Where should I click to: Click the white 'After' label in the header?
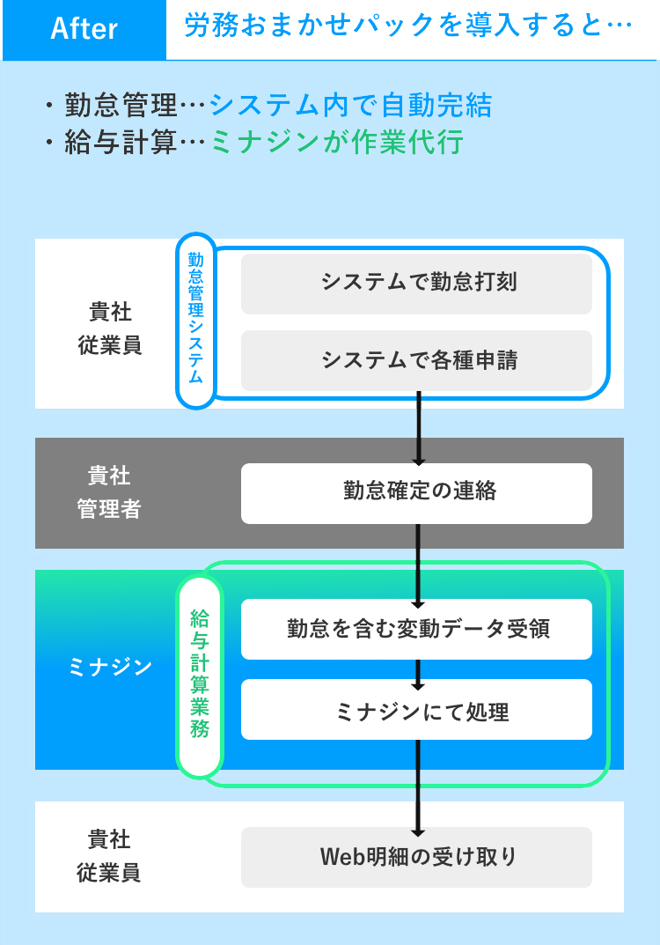click(x=84, y=29)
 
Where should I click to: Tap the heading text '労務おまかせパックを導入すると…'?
click(x=408, y=26)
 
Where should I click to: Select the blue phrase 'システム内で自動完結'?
click(x=350, y=106)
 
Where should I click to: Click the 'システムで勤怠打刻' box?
click(x=416, y=283)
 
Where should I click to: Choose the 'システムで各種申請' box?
click(x=416, y=360)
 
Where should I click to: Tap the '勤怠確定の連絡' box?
click(x=416, y=492)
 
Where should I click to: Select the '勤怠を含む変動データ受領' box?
click(x=416, y=629)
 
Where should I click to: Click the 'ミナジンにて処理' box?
click(x=416, y=710)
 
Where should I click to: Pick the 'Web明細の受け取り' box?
click(x=416, y=857)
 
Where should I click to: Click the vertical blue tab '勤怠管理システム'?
click(x=196, y=319)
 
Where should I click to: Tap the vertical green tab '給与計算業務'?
click(x=200, y=676)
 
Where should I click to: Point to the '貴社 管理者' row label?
click(x=109, y=493)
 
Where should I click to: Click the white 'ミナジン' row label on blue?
click(x=109, y=668)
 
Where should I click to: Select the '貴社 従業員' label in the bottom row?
click(x=109, y=856)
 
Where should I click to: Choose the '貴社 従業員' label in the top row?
click(x=109, y=328)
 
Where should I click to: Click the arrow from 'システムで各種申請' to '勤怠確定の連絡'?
click(x=419, y=428)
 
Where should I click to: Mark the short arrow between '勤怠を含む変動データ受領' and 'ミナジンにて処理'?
click(x=419, y=674)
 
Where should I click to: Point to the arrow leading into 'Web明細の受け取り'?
click(x=419, y=789)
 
